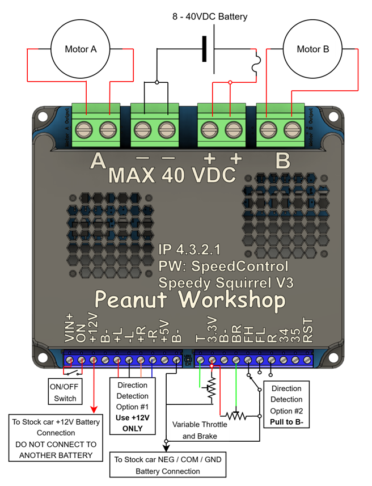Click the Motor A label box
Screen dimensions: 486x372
pos(81,49)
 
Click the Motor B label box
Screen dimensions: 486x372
pos(312,49)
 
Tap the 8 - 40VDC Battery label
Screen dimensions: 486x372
pos(210,16)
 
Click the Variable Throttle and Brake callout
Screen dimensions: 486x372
pos(199,430)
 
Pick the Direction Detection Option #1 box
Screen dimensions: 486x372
pos(132,407)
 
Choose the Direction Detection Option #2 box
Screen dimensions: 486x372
pos(286,405)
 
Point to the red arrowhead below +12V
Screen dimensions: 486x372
pos(94,409)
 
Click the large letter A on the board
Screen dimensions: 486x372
pos(99,162)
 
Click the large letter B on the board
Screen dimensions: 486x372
pos(283,162)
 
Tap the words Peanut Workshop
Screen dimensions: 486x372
pos(189,299)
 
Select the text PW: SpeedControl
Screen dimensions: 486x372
pos(223,266)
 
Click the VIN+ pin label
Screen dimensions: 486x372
pos(70,329)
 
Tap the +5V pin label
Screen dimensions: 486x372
pos(164,331)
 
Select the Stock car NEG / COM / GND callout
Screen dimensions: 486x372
pos(167,465)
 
